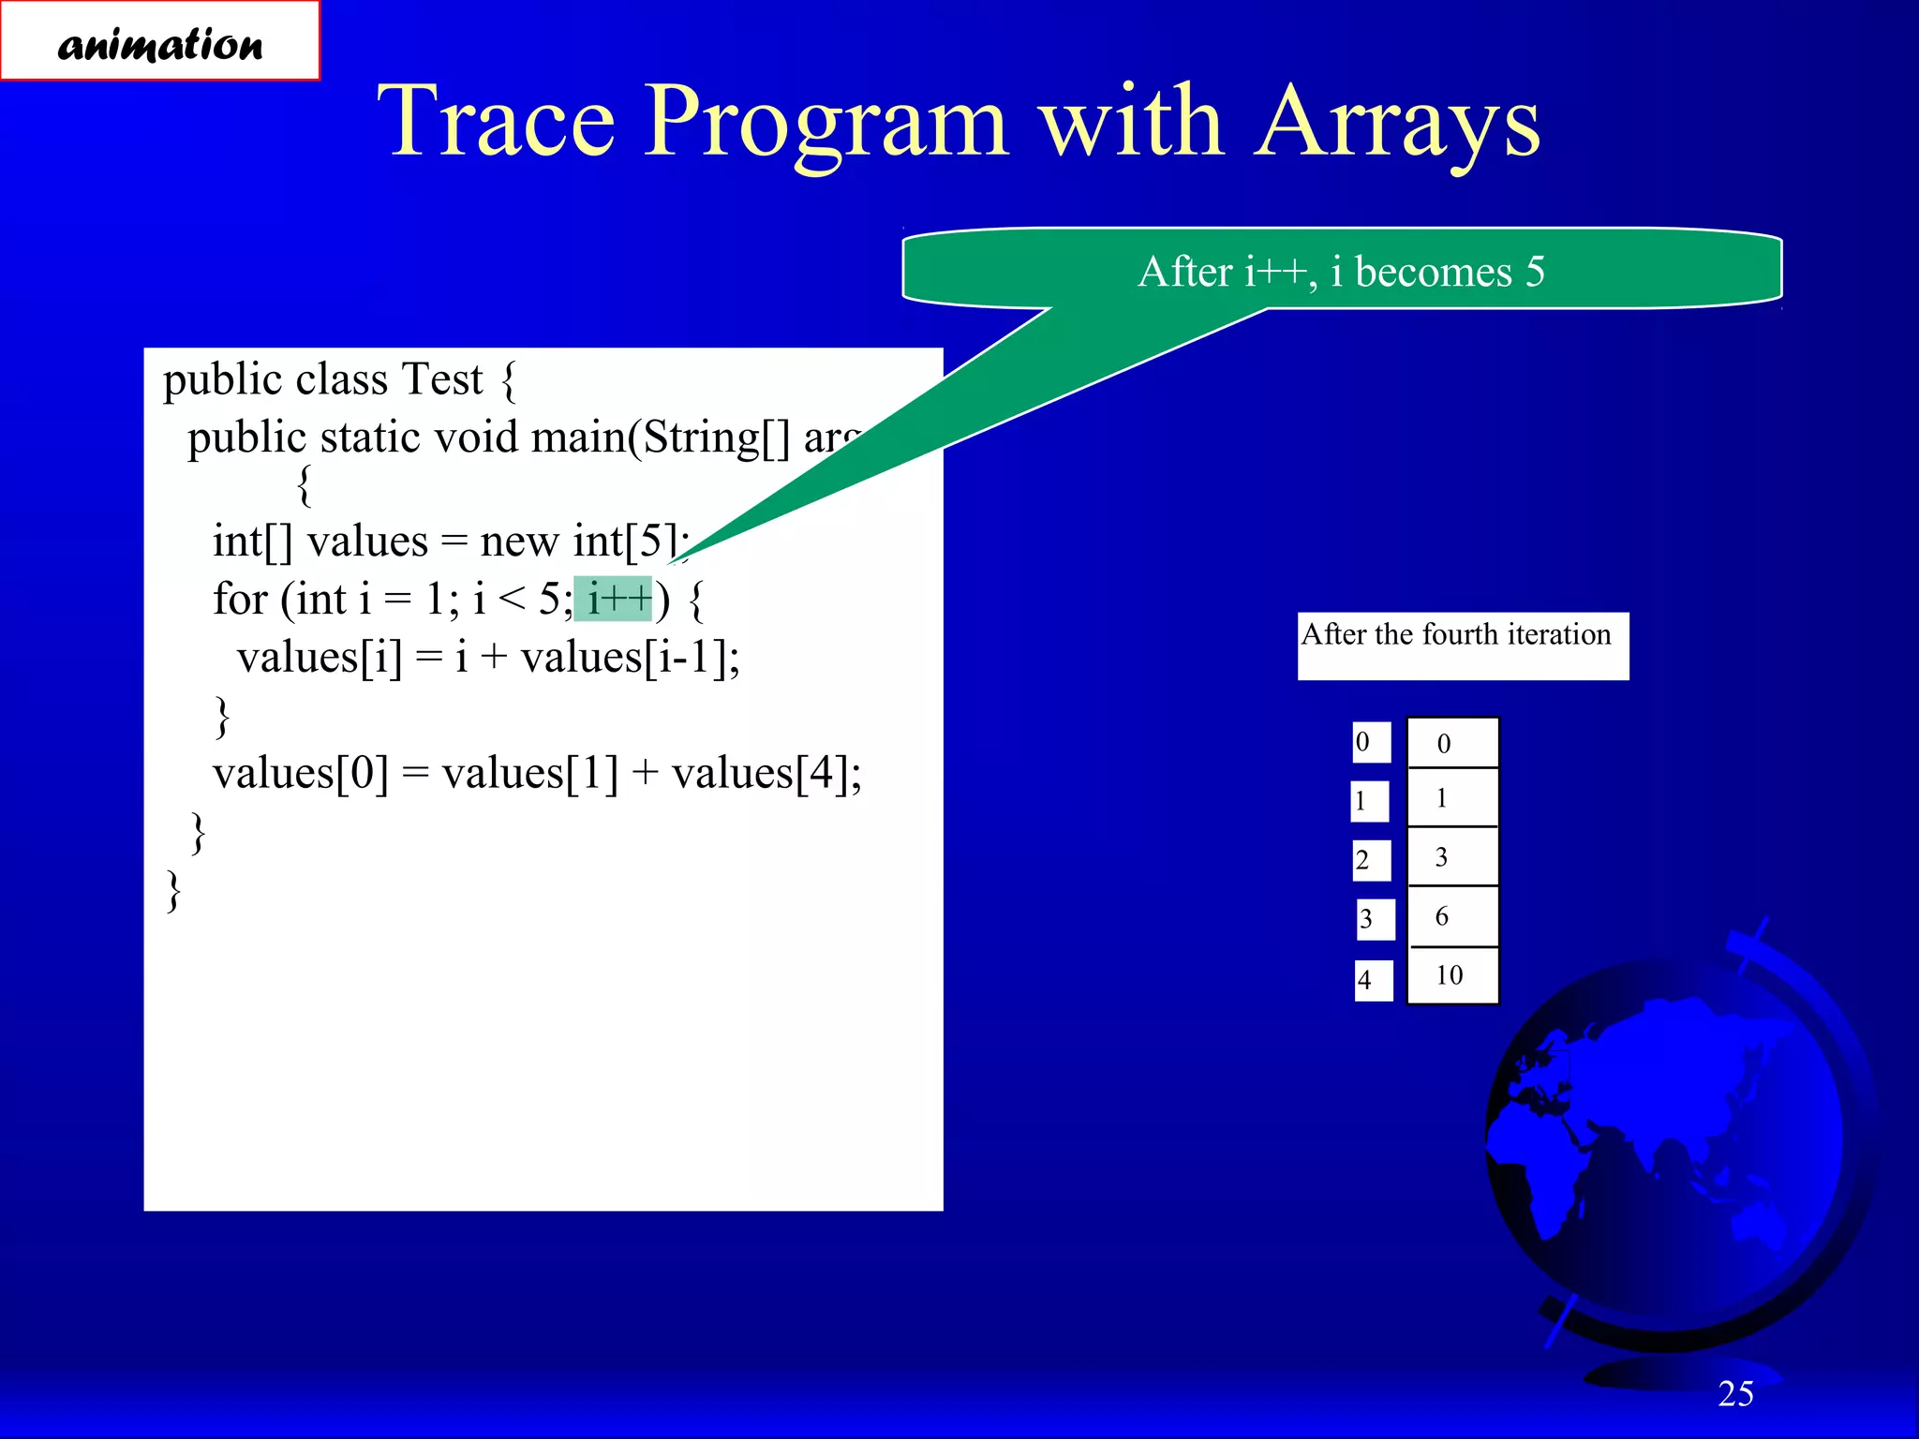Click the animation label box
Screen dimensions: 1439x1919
pos(160,42)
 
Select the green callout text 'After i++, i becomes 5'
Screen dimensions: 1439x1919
pos(1341,272)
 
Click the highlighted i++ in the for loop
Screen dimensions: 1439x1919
pos(615,599)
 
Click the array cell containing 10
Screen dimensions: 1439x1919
pos(1451,975)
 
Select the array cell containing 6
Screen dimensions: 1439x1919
pos(1451,916)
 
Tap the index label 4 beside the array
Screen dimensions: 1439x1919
pos(1372,980)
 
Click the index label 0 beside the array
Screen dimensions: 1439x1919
pos(1370,742)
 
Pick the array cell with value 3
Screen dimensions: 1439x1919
pos(1451,856)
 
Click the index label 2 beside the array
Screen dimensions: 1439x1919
pos(1370,860)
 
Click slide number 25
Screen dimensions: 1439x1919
pos(1735,1394)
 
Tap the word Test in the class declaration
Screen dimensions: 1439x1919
pos(441,379)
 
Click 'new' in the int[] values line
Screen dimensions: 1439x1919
pos(520,541)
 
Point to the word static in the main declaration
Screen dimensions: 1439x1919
pos(373,438)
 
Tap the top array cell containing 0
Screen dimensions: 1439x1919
pos(1451,744)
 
